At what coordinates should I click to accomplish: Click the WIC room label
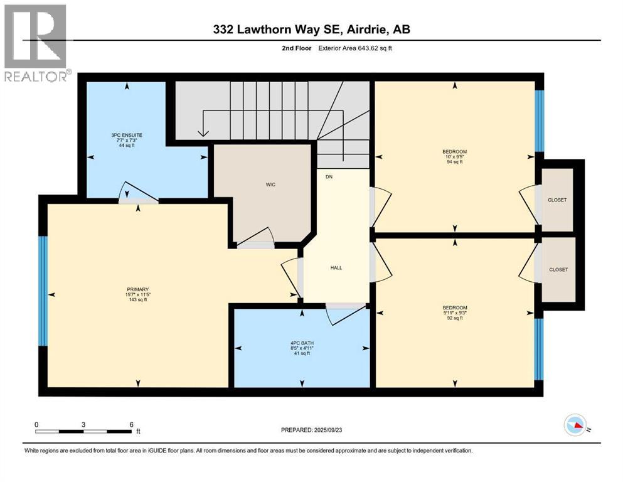[x=270, y=185]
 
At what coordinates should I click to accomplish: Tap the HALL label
[x=336, y=267]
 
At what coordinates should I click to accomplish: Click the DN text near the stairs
[x=329, y=177]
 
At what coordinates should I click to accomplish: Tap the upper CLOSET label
[x=556, y=200]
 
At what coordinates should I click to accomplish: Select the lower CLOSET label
[x=558, y=270]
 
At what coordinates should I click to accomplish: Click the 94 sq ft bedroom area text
[x=454, y=162]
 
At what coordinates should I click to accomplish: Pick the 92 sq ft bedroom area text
[x=454, y=318]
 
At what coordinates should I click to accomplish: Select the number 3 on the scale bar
[x=83, y=424]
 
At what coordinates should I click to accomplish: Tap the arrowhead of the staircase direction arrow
[x=203, y=132]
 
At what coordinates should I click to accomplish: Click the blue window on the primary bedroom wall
[x=43, y=291]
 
